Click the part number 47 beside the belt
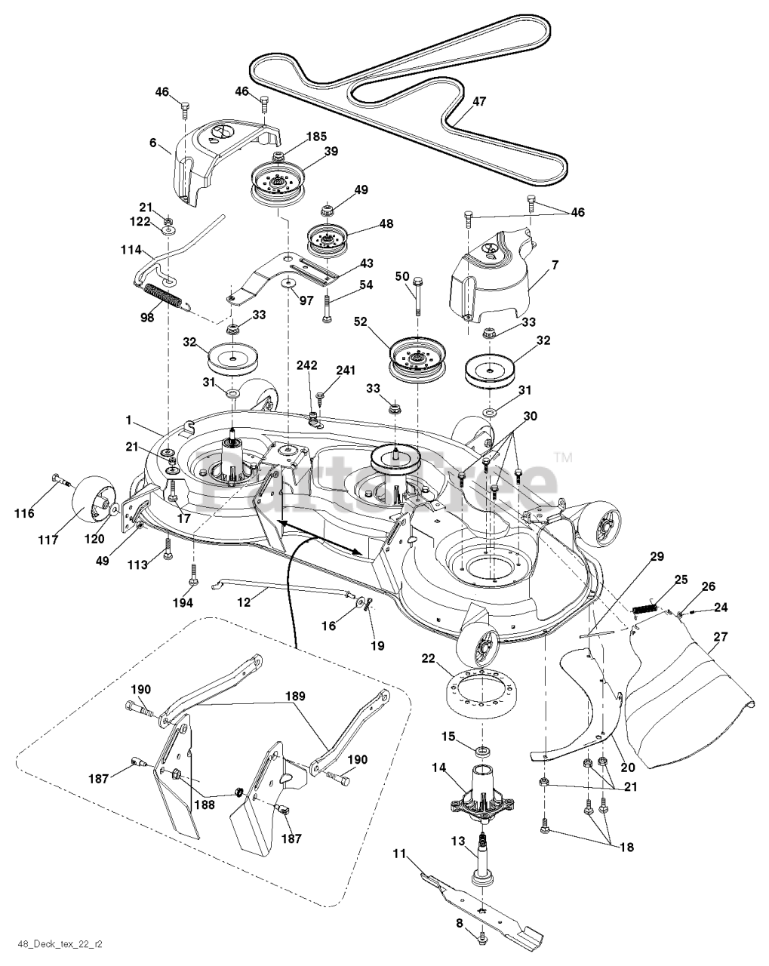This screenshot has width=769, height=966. [x=479, y=101]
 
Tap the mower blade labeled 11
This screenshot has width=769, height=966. [x=481, y=906]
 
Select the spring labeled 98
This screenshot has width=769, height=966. [x=164, y=296]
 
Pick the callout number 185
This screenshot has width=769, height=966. [x=316, y=136]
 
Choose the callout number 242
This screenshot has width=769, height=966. [x=306, y=365]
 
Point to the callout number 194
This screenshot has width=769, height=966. [x=183, y=602]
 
